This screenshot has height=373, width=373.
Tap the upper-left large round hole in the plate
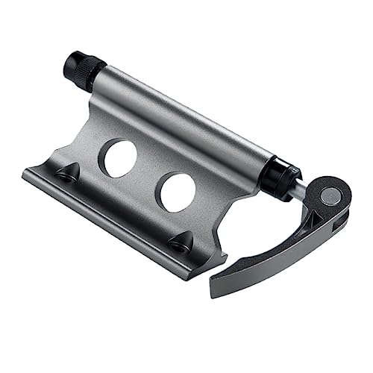tap(119, 157)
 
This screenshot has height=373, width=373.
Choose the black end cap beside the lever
tap(281, 178)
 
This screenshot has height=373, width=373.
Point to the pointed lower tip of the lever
tap(216, 292)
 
